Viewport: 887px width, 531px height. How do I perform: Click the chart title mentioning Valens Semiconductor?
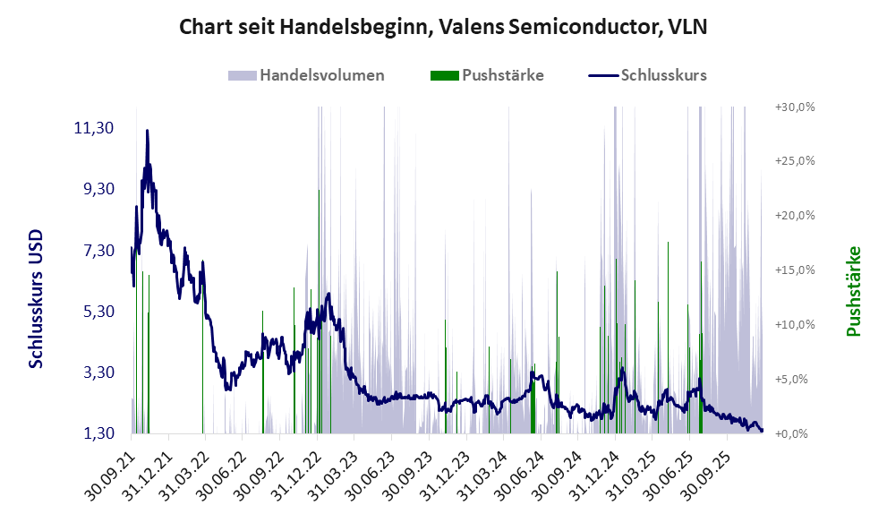[x=443, y=27]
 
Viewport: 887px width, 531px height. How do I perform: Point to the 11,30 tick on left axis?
[x=93, y=128]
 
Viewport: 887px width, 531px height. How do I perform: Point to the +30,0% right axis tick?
[x=793, y=107]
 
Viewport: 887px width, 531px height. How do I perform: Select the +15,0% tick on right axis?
[x=793, y=270]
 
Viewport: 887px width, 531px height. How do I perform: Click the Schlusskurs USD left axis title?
[x=37, y=298]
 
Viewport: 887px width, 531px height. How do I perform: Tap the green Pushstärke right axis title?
[x=852, y=292]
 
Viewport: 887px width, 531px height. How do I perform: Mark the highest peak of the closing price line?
[x=147, y=132]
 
